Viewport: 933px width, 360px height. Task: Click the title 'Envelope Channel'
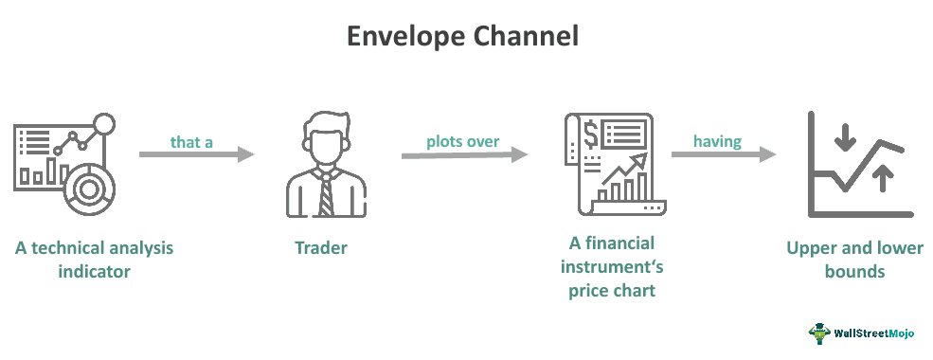(461, 37)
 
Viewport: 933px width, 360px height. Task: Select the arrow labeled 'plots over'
(463, 154)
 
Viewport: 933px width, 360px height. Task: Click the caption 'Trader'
(321, 248)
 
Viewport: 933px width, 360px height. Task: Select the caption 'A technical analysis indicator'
(94, 259)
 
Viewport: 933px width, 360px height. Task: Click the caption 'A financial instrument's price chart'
(612, 267)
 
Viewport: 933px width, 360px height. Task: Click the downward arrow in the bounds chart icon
(845, 139)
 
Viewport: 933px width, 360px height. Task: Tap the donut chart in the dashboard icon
(91, 188)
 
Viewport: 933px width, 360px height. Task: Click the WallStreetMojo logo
(864, 333)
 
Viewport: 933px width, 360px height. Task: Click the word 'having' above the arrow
(716, 141)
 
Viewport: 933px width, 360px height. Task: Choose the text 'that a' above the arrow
(191, 141)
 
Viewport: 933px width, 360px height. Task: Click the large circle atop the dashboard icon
(104, 123)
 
